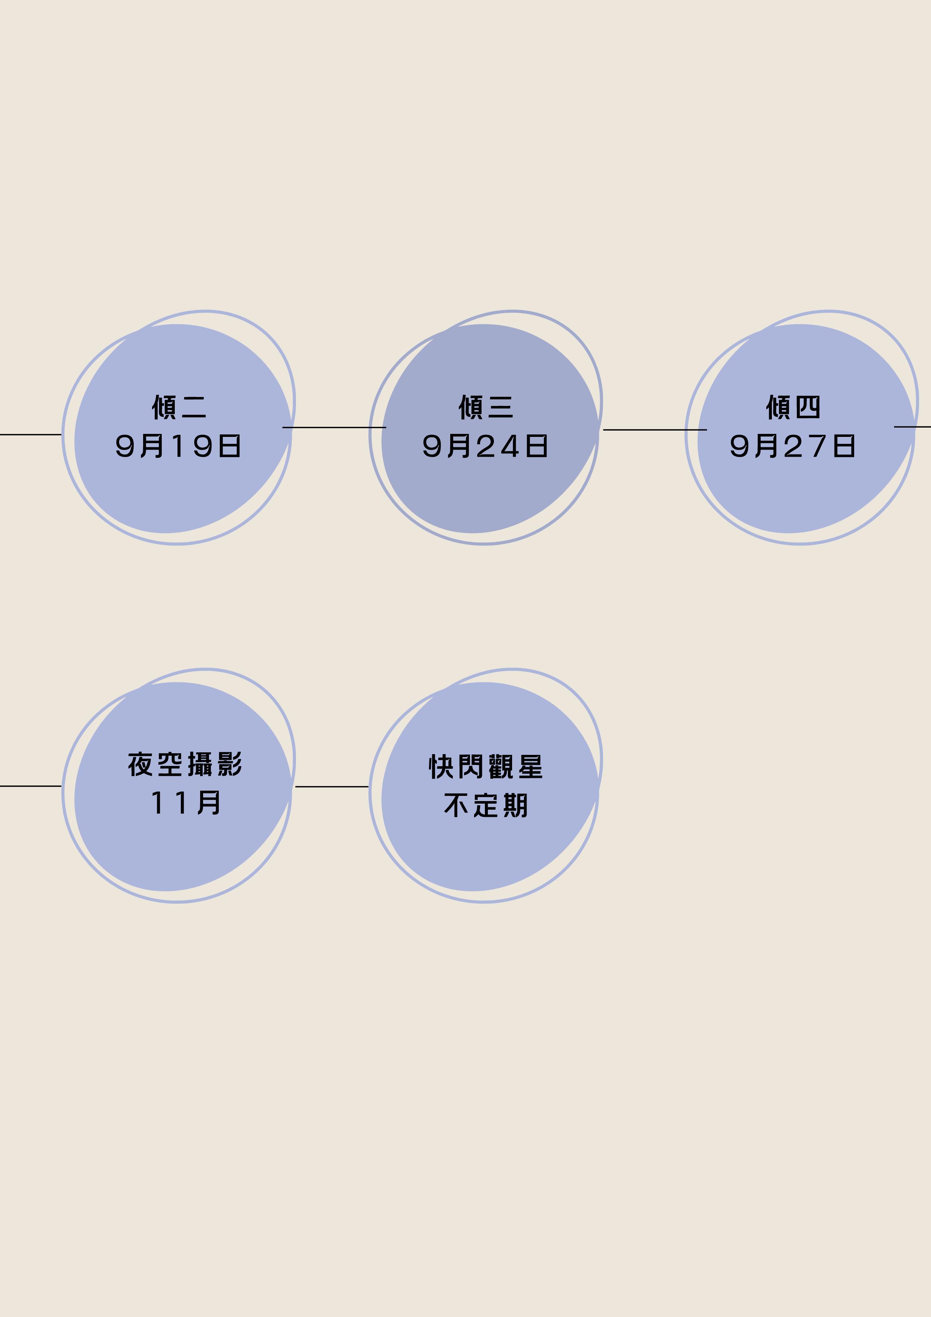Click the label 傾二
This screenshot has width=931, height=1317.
(x=179, y=407)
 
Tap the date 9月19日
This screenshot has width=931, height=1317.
(x=179, y=446)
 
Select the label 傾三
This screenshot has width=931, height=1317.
(x=486, y=407)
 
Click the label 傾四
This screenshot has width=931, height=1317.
(x=793, y=407)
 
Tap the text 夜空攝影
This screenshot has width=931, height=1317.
(x=185, y=765)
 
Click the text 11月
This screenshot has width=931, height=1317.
(x=185, y=803)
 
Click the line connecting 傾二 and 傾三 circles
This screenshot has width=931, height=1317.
(x=334, y=427)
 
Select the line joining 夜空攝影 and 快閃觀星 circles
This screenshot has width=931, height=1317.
(x=332, y=787)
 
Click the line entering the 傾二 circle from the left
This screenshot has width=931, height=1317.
(x=30, y=435)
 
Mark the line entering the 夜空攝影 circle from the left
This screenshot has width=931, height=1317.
(x=30, y=786)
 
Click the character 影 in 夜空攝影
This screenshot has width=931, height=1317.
(x=230, y=765)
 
